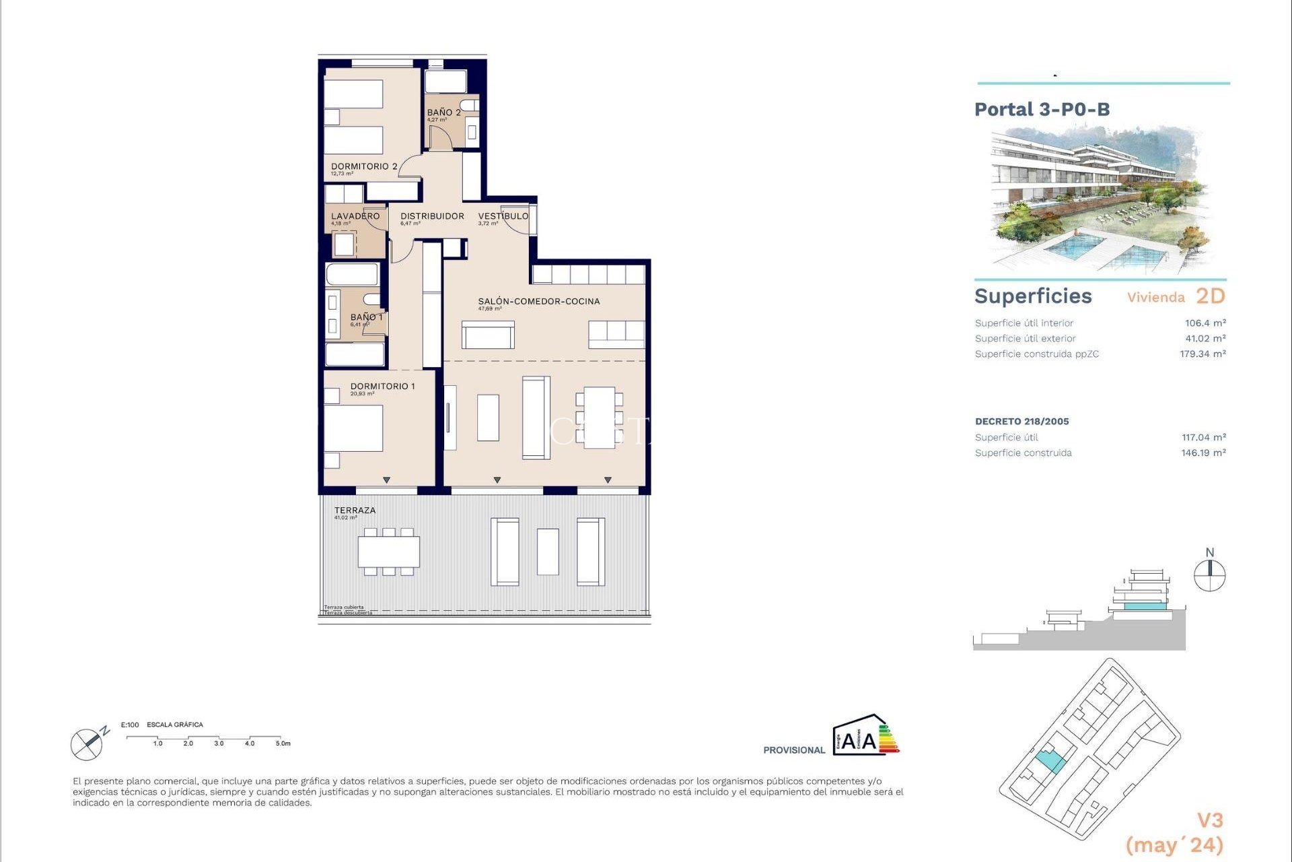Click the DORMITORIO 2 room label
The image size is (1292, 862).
363,166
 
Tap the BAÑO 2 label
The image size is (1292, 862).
443,112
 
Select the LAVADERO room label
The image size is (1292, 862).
355,216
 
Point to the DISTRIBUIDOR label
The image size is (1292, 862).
432,216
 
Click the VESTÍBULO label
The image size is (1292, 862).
503,216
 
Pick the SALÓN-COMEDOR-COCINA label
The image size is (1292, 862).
538,301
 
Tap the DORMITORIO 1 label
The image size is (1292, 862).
382,386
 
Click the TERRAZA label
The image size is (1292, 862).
355,510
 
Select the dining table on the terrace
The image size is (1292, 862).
388,552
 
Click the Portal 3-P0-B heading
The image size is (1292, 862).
1042,110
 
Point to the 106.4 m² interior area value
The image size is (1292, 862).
1205,323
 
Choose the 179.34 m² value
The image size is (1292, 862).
1202,354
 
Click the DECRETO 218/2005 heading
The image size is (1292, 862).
1021,422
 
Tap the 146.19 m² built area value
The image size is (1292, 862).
1203,453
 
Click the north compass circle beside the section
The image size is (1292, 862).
1209,576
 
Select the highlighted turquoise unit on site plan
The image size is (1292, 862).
1050,762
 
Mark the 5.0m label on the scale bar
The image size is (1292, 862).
283,743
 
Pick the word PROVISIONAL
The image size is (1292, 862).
793,750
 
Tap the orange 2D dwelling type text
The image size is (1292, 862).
1210,296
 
